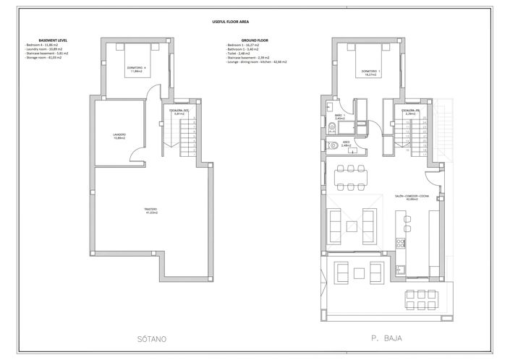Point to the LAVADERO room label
(x=119, y=136)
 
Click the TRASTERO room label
(x=150, y=211)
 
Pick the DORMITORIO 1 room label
(x=372, y=72)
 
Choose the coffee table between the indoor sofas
(x=358, y=224)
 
